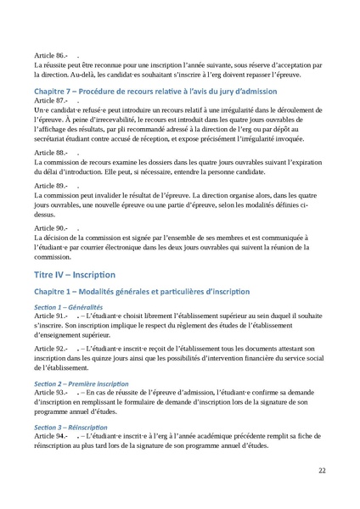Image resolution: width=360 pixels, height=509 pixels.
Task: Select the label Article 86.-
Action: tap(49, 55)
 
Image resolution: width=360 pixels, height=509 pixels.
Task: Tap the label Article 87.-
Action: tap(49, 100)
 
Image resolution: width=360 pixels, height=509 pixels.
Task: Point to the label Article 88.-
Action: tap(49, 152)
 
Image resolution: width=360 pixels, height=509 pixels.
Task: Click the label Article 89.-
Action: tap(49, 184)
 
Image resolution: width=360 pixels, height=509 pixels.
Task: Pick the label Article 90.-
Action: tap(49, 228)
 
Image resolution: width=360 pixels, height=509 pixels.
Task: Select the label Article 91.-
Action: tap(49, 338)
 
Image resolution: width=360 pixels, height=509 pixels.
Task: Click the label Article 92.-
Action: tap(49, 371)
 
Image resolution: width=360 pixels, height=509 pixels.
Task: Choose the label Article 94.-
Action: tap(49, 435)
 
